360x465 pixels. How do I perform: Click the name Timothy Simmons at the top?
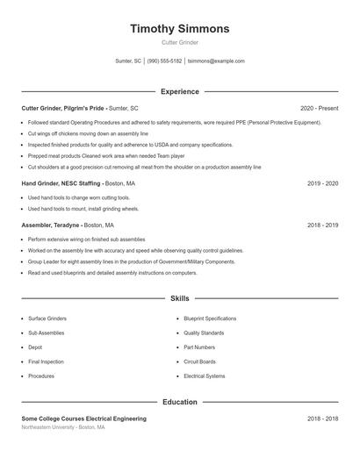coord(180,29)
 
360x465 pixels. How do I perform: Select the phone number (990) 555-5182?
coord(164,61)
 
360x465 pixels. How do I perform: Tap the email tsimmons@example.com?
coord(216,61)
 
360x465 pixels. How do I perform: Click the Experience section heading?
coord(180,91)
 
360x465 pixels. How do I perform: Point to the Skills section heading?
coord(180,299)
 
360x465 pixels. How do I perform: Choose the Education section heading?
coord(180,402)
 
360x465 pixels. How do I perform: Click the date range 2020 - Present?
coord(319,108)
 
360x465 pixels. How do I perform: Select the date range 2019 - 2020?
coord(322,183)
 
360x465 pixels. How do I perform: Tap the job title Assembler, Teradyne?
coord(52,225)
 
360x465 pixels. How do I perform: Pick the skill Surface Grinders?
coord(47,318)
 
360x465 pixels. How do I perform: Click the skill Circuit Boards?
coord(199,361)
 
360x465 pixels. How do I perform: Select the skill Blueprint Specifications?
coord(210,318)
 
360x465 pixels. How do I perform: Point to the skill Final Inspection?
coord(46,361)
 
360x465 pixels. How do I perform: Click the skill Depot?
coord(35,347)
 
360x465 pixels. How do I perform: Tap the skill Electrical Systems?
coord(205,376)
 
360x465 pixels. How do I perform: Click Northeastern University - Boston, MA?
coord(63,427)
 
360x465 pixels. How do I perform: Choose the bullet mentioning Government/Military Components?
coord(132,261)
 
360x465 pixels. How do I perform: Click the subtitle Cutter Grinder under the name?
coord(180,42)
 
